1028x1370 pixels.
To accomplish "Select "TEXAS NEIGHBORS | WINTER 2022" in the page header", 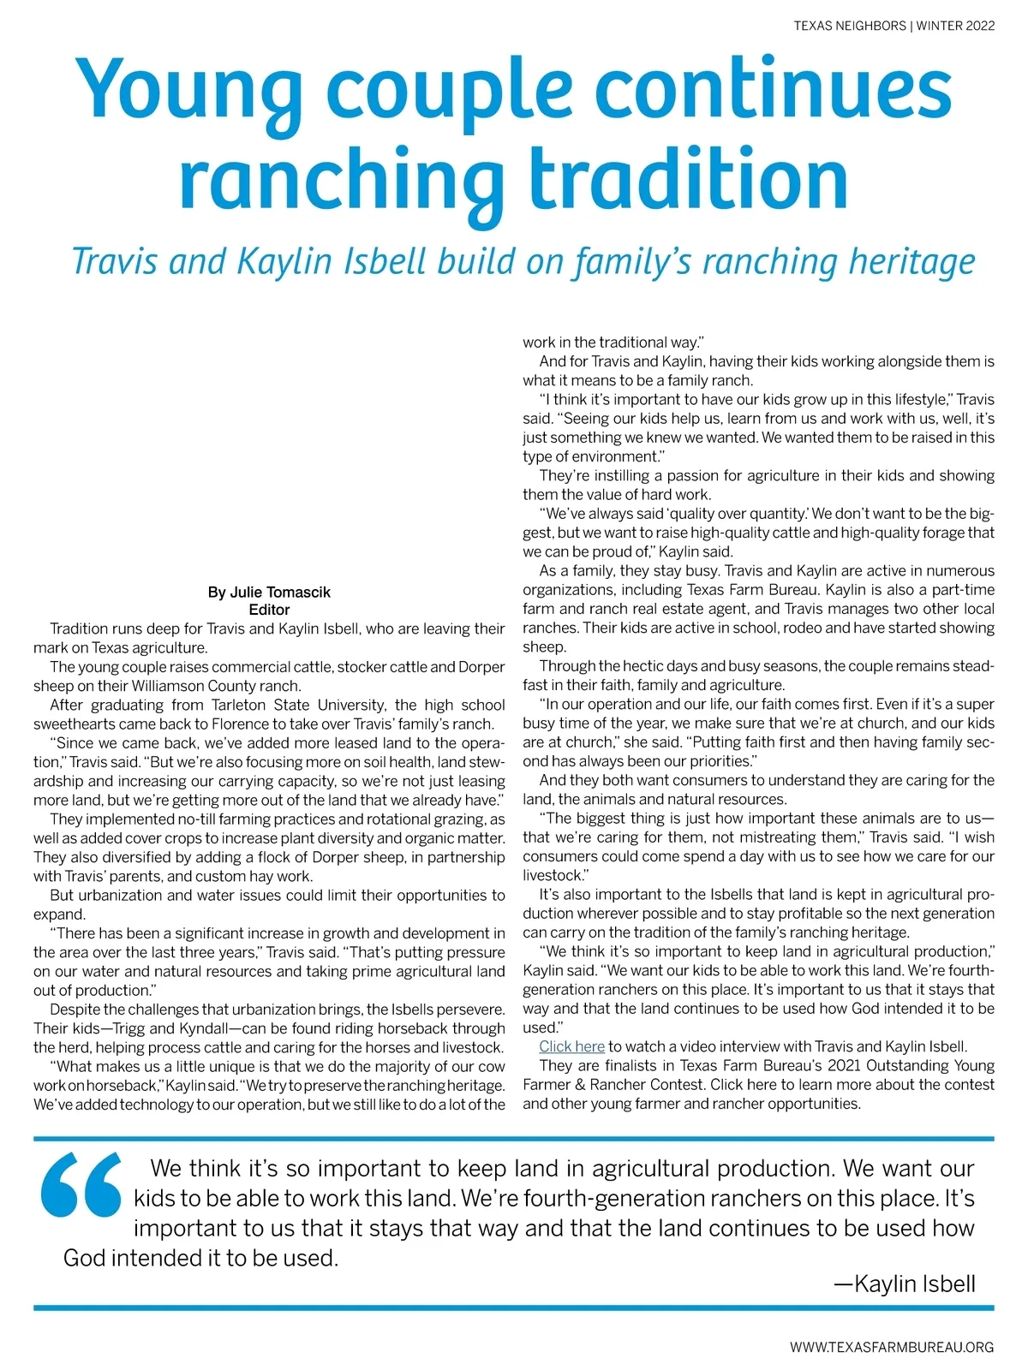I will tap(894, 26).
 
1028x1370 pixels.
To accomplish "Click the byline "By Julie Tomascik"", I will tap(269, 592).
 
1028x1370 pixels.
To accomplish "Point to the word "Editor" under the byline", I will tap(269, 610).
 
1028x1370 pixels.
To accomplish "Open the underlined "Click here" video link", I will tap(571, 1046).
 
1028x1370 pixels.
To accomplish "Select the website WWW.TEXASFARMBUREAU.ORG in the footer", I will tap(892, 1347).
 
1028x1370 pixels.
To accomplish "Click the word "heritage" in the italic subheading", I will tap(911, 262).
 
